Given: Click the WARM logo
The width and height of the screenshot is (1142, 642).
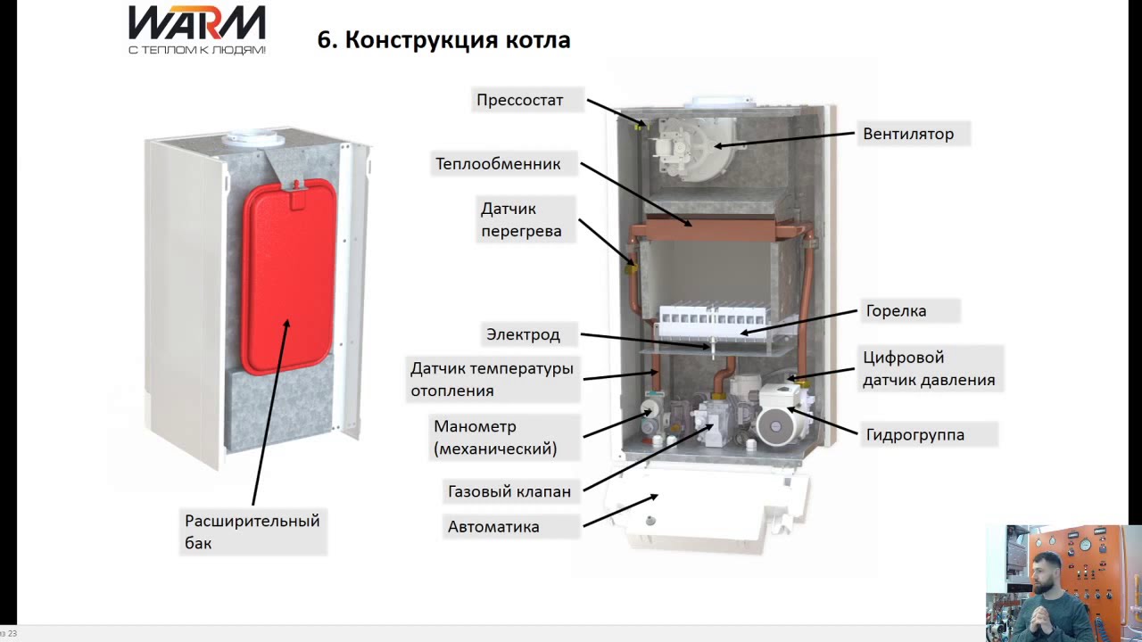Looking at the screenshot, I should coord(196,29).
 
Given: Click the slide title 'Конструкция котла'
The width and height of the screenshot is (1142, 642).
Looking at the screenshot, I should coord(443,40).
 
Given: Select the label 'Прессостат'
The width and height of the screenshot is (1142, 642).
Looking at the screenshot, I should coord(519,100).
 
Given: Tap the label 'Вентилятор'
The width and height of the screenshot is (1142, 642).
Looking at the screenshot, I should coord(907,134).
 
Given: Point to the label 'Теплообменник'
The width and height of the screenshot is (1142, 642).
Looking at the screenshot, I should coord(498,164).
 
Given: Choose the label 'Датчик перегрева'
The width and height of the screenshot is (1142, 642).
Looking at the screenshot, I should coord(521,220).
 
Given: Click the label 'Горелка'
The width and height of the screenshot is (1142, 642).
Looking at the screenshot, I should coord(896,311).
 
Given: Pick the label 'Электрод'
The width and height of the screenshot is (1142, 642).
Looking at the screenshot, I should coord(523,334).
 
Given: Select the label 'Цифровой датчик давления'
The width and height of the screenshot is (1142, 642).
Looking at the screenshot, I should coord(928,369).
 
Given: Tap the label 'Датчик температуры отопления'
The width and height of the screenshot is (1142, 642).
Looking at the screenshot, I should coord(492,379).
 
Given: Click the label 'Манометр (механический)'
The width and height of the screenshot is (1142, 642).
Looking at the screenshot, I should coord(495,438).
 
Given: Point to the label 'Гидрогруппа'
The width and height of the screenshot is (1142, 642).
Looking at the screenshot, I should coord(914,435).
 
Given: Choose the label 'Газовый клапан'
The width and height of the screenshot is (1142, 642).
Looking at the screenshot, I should coord(509,491).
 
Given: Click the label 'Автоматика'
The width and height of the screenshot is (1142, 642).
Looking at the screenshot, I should coord(493,527).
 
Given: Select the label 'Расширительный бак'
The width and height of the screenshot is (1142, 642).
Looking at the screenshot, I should coord(252,531).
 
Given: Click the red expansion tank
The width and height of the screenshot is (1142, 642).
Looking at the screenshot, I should coord(288,276).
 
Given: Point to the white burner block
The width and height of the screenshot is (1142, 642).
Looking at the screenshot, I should coord(713,317).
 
